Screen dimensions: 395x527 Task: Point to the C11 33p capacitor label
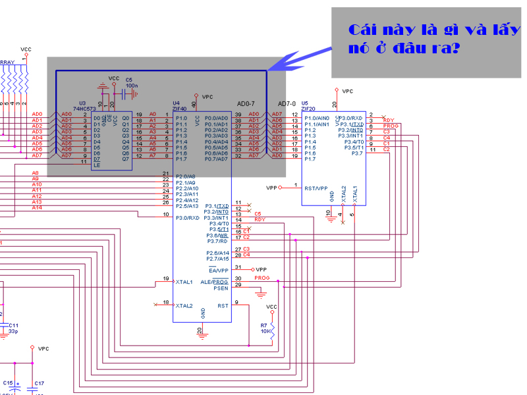pyautogui.click(x=14, y=328)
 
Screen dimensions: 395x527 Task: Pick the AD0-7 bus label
pyautogui.click(x=246, y=104)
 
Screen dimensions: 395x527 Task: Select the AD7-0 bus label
pyautogui.click(x=287, y=104)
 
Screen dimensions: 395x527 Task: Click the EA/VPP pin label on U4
pyautogui.click(x=218, y=270)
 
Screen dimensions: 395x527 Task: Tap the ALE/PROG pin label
pyautogui.click(x=215, y=281)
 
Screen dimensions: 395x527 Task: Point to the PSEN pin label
pyautogui.click(x=221, y=287)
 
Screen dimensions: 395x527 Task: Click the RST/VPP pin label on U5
pyautogui.click(x=316, y=188)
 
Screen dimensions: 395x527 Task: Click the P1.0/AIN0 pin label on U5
pyautogui.click(x=318, y=118)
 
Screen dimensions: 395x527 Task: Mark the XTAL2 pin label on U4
pyautogui.click(x=184, y=305)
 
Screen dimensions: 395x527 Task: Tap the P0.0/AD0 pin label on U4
pyautogui.click(x=216, y=118)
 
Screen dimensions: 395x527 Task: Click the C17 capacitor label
pyautogui.click(x=39, y=383)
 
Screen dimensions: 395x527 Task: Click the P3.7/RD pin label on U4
pyautogui.click(x=217, y=241)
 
